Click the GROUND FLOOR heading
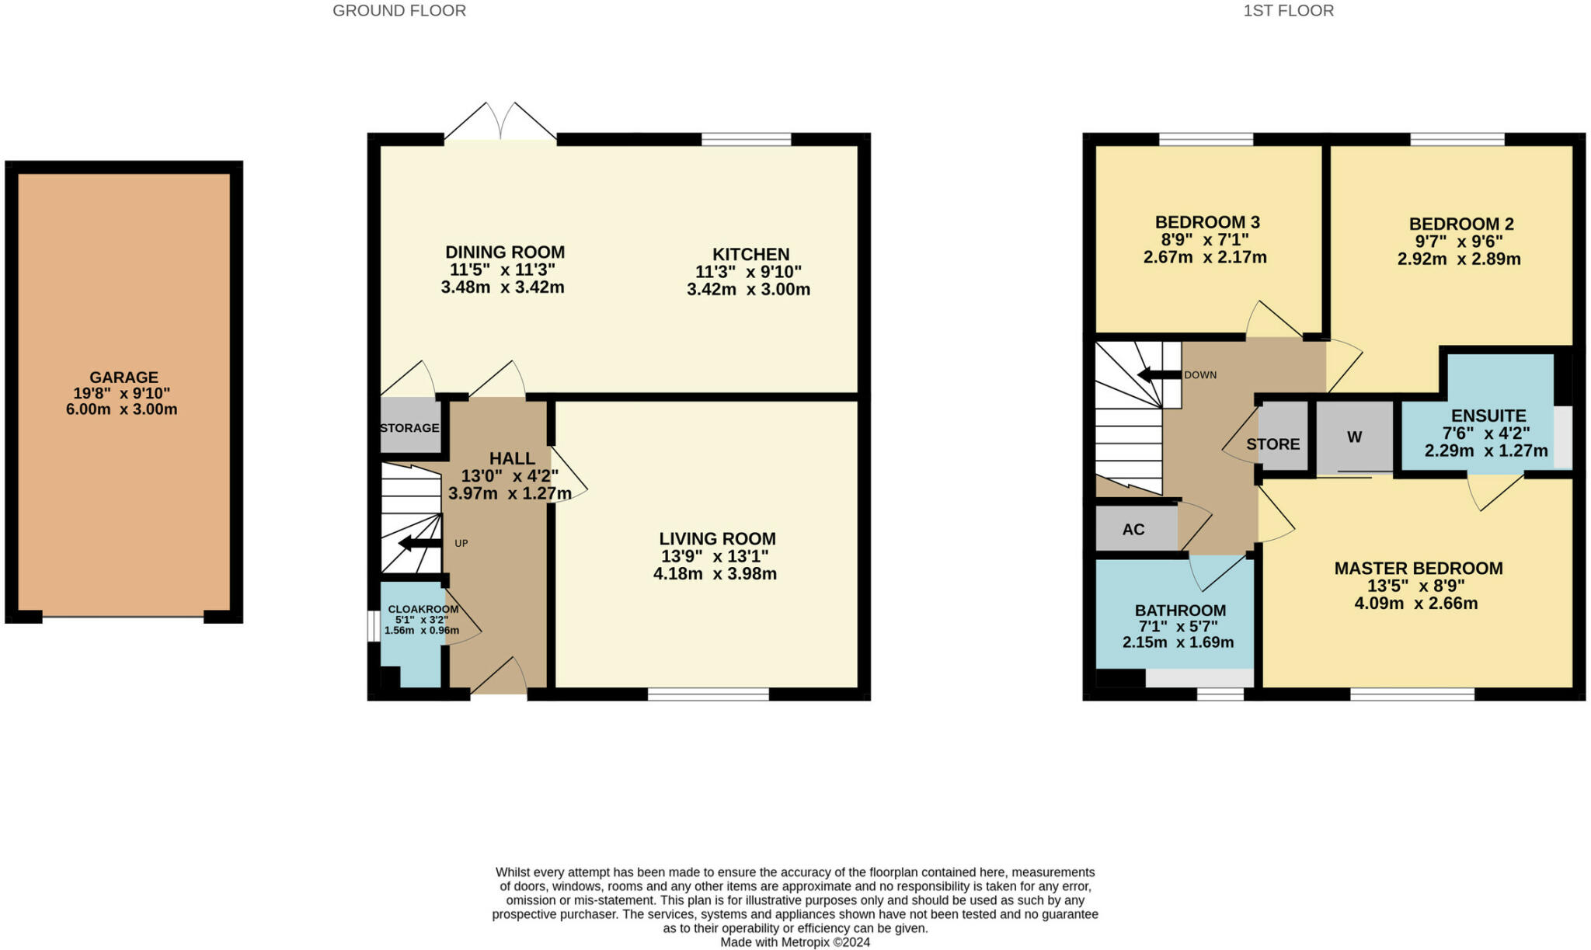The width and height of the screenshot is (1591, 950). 399,11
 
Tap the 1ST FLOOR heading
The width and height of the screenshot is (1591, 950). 1288,11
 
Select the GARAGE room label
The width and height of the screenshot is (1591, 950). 123,378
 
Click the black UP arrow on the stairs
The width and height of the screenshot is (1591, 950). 420,543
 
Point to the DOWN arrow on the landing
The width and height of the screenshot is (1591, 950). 1158,375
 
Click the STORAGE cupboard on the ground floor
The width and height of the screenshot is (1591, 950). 409,427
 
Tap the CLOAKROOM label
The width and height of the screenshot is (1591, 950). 423,609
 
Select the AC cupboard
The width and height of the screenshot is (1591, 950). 1133,530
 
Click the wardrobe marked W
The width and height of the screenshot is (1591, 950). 1354,437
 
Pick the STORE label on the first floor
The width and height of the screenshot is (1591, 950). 1272,444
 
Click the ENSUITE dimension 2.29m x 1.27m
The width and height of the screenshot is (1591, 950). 1485,451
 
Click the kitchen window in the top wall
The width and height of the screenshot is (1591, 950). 746,140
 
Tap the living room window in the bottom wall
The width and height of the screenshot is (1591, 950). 708,694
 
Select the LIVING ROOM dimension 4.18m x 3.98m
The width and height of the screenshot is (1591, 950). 715,574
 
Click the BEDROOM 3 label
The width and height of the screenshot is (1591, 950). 1206,222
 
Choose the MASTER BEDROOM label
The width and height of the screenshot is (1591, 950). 1418,568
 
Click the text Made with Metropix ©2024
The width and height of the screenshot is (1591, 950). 795,942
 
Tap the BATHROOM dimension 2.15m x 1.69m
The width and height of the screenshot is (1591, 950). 1178,642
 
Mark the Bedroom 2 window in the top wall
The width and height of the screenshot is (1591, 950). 1457,140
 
